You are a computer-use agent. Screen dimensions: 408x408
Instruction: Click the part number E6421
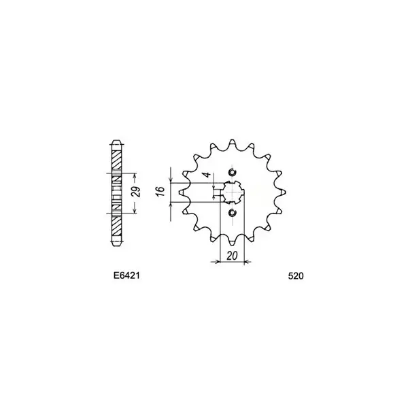(x=126, y=275)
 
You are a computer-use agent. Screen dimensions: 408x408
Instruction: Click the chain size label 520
(x=296, y=276)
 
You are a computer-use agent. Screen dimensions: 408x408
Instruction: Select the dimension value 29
(x=137, y=192)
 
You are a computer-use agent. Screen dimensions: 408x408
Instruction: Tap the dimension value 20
(x=232, y=256)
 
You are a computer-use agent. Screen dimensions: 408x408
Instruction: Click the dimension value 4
(x=207, y=175)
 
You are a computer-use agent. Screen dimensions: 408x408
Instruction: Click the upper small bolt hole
(x=232, y=172)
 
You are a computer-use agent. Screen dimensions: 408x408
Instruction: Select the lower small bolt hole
(x=232, y=213)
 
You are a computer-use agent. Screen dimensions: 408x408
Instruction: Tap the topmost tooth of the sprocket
(x=232, y=142)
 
